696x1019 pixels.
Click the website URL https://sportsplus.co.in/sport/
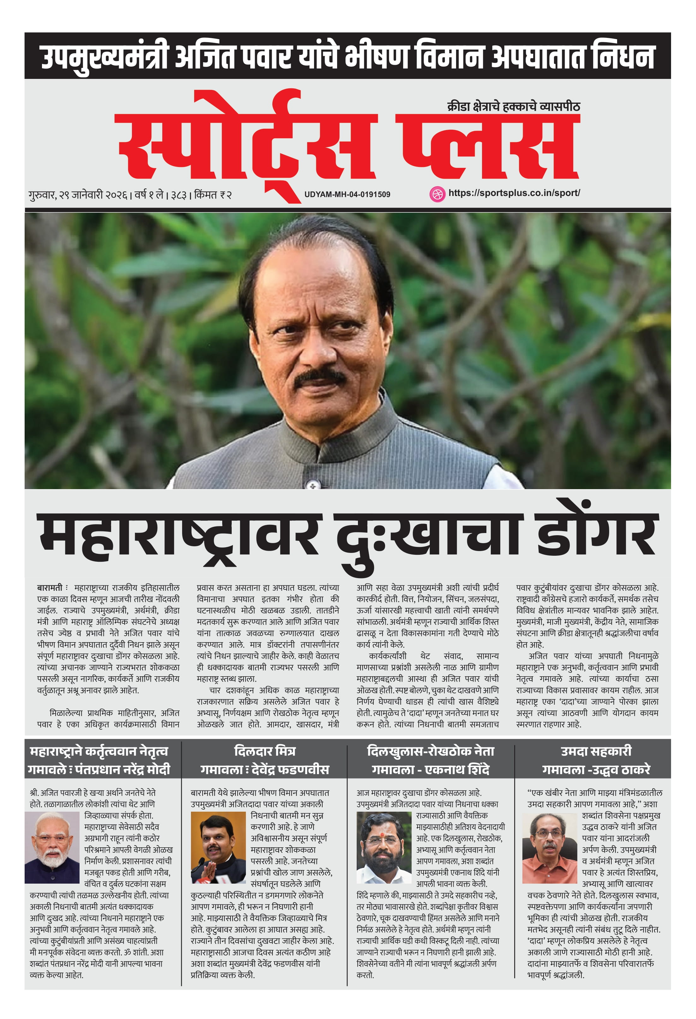[514, 193]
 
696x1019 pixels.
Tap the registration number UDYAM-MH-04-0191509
[347, 194]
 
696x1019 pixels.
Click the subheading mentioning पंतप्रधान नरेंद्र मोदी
[99, 769]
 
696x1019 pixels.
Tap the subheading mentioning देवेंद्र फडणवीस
[265, 769]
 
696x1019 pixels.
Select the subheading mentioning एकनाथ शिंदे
[430, 769]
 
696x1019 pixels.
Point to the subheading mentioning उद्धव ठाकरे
[596, 769]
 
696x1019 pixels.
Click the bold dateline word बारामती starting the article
[50, 588]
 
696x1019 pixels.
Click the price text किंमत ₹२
[213, 195]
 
